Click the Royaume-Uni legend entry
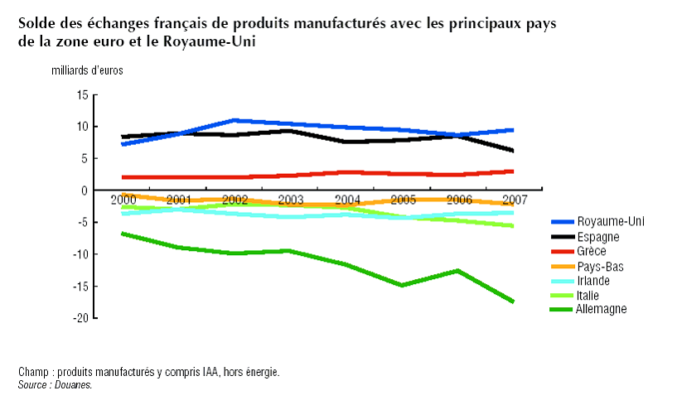click(610, 222)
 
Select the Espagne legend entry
click(597, 237)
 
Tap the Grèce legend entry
click(591, 251)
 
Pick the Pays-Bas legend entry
click(600, 266)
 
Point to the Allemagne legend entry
click(602, 309)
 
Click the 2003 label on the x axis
click(290, 200)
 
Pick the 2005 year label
click(403, 200)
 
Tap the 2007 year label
click(514, 200)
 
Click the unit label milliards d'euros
click(87, 70)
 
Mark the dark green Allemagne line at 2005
click(403, 285)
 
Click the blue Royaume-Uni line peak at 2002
click(235, 120)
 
